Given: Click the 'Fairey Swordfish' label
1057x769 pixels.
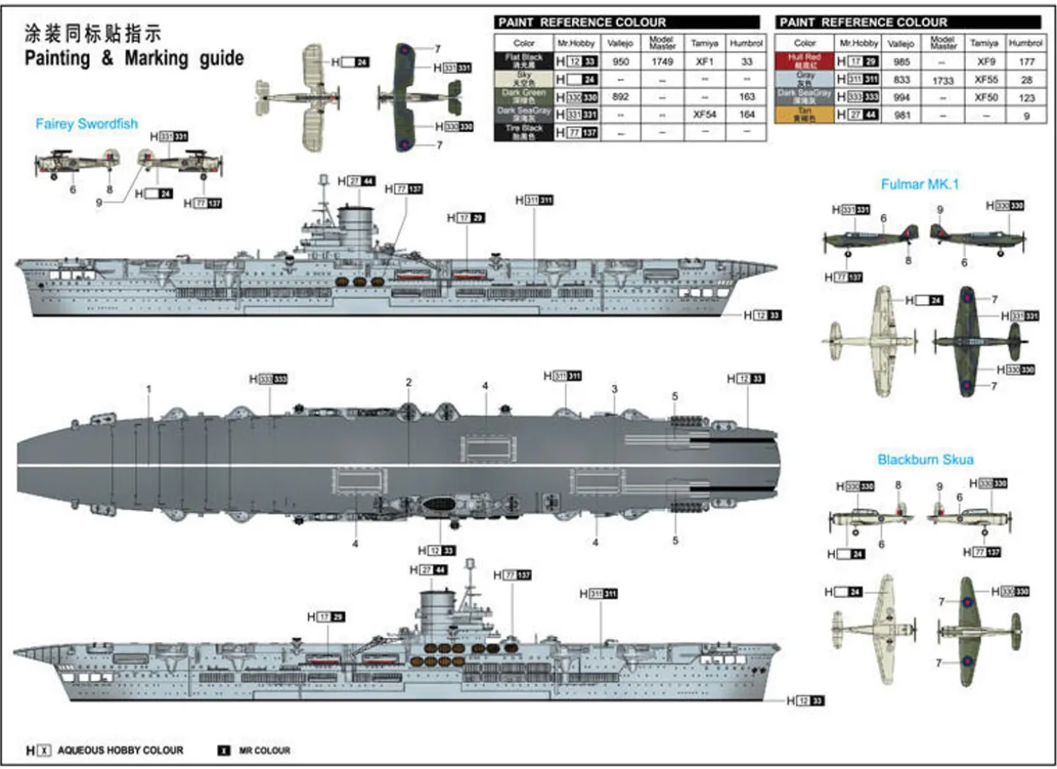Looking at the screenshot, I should (x=87, y=123).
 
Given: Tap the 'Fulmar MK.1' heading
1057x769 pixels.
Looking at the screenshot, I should (x=920, y=183).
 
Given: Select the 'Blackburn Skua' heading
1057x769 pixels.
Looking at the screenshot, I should (x=926, y=460).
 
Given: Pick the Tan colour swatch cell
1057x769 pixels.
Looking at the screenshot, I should (x=805, y=115).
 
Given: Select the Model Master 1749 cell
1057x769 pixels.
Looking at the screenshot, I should (x=662, y=62).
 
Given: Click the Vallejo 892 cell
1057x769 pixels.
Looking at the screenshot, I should (x=621, y=97).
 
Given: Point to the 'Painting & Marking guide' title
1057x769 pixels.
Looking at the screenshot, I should (x=134, y=58).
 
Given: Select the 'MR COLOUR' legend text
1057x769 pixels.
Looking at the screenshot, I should (x=265, y=750).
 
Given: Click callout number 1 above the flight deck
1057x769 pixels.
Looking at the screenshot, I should (x=149, y=389).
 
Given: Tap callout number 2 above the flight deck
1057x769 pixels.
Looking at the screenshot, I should (x=409, y=382).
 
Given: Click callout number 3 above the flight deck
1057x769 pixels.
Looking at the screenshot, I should (x=614, y=389).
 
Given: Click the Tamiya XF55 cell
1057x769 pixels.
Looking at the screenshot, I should (x=985, y=79).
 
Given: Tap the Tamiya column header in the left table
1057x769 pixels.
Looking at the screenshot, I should (x=703, y=42).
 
